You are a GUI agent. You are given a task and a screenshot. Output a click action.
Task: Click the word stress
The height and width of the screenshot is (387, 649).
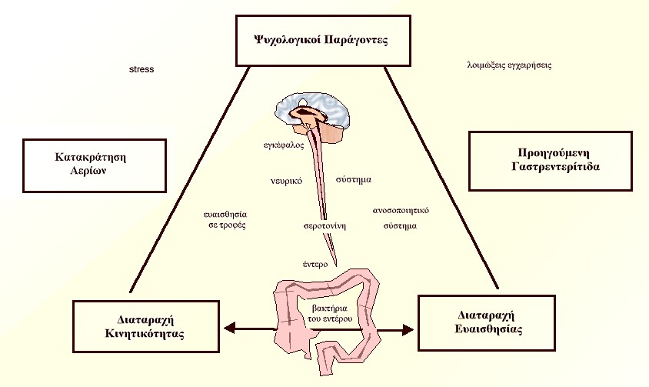click(141, 69)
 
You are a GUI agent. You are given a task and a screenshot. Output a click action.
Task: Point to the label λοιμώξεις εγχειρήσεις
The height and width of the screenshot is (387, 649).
click(509, 65)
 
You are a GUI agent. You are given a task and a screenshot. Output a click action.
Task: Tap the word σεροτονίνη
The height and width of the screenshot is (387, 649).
click(324, 226)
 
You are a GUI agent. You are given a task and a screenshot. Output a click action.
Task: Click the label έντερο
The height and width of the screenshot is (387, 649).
click(315, 264)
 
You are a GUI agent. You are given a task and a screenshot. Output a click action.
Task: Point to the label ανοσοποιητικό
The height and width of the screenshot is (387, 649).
click(400, 209)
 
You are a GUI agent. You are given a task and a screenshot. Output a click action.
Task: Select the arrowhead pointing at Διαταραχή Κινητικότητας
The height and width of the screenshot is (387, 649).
click(228, 329)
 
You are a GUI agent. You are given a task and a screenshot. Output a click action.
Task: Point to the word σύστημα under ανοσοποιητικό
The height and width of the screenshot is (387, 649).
click(400, 227)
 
